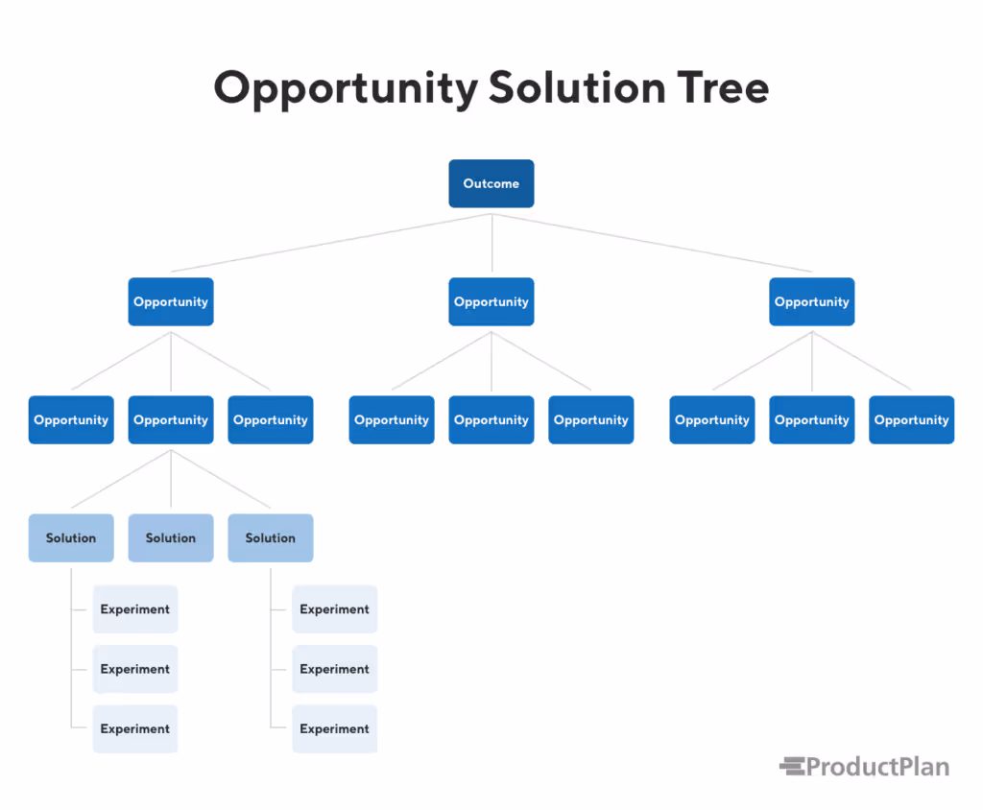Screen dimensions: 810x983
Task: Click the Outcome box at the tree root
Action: pyautogui.click(x=491, y=183)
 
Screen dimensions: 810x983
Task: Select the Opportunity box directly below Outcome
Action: pyautogui.click(x=491, y=301)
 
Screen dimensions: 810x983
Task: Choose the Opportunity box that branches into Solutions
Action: pyautogui.click(x=171, y=419)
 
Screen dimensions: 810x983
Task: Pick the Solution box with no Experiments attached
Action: pyautogui.click(x=171, y=537)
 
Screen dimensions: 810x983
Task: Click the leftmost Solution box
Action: pyautogui.click(x=71, y=537)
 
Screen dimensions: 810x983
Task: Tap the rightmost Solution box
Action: pyautogui.click(x=271, y=537)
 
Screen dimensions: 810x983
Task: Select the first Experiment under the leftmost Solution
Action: pyautogui.click(x=135, y=609)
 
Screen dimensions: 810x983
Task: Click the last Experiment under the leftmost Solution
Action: pyautogui.click(x=135, y=728)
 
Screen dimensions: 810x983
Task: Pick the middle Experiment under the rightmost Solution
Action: pyautogui.click(x=335, y=669)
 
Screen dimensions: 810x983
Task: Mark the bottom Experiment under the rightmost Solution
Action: pyautogui.click(x=335, y=728)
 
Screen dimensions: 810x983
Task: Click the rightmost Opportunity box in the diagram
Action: pyautogui.click(x=911, y=419)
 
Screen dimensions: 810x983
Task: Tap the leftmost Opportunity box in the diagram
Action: pyautogui.click(x=71, y=419)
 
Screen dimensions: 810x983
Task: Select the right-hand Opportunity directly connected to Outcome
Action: pyautogui.click(x=811, y=301)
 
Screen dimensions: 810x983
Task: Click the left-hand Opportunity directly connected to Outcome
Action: pyautogui.click(x=171, y=301)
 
